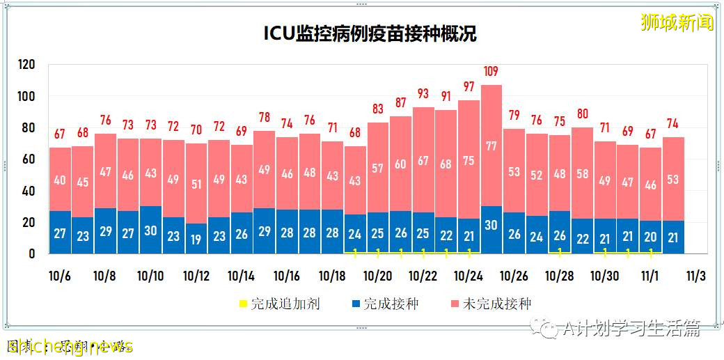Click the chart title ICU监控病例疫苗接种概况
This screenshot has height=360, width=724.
click(x=370, y=34)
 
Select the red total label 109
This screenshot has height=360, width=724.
click(x=491, y=72)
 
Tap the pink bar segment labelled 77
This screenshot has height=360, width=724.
click(x=491, y=146)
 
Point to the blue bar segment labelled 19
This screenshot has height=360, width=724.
click(x=196, y=239)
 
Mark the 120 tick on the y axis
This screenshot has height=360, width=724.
click(x=26, y=65)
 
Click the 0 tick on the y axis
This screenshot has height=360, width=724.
click(x=31, y=254)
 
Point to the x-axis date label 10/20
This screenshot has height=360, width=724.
click(x=377, y=276)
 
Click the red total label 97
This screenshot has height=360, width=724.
click(x=468, y=87)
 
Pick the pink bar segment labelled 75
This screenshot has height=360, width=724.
click(x=468, y=160)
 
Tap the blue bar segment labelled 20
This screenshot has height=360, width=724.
click(x=650, y=237)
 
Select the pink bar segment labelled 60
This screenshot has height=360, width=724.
click(x=400, y=164)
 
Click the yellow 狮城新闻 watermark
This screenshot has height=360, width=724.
click(x=677, y=22)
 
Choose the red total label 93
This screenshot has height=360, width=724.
click(x=423, y=93)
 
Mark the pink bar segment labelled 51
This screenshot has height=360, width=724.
click(x=196, y=184)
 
